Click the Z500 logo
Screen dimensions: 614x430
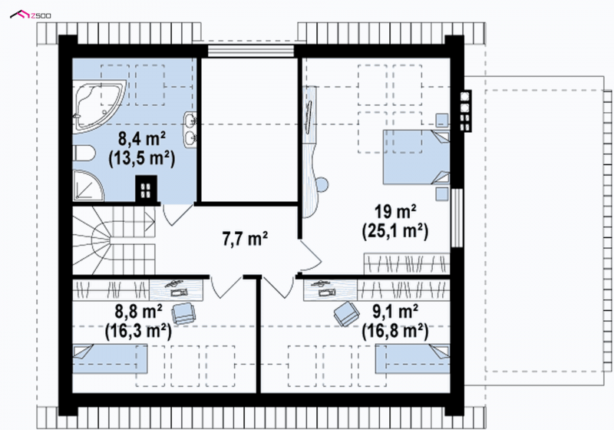click(30, 15)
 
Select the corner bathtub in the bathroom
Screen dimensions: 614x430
click(98, 105)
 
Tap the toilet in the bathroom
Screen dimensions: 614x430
click(84, 153)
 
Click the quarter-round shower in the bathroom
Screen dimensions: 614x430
click(87, 186)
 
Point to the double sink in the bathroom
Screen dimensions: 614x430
click(190, 130)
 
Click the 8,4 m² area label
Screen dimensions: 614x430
click(142, 139)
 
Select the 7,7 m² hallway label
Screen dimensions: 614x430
click(245, 239)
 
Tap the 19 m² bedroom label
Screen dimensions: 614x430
click(395, 212)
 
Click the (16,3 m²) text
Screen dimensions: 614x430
click(138, 331)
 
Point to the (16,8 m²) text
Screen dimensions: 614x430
click(395, 331)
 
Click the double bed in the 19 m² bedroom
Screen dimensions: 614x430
click(416, 157)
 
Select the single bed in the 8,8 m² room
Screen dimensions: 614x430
click(110, 359)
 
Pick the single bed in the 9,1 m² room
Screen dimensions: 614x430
click(412, 359)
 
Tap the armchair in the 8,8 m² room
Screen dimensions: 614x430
click(184, 313)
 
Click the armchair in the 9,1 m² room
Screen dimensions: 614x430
click(347, 313)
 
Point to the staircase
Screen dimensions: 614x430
click(114, 240)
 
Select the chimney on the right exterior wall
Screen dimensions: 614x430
click(466, 111)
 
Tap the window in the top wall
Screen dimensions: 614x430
click(251, 51)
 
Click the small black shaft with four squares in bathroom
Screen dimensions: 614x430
click(146, 189)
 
